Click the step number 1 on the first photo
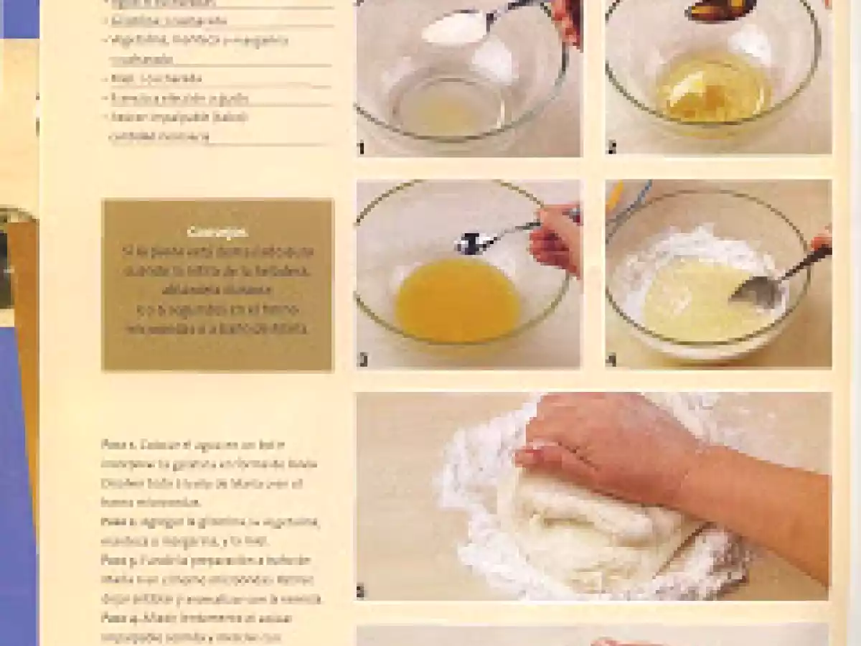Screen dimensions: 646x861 (361, 149)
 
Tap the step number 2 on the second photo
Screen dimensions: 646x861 (611, 149)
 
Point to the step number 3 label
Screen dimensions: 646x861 (362, 360)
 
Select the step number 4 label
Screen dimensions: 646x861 (611, 360)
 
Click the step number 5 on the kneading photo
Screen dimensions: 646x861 (361, 592)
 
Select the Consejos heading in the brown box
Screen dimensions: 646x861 (217, 232)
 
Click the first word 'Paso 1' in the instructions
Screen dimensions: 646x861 (113, 445)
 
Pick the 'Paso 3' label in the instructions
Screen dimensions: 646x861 (113, 560)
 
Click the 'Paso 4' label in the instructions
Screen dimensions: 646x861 (113, 617)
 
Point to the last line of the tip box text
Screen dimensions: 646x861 (217, 329)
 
